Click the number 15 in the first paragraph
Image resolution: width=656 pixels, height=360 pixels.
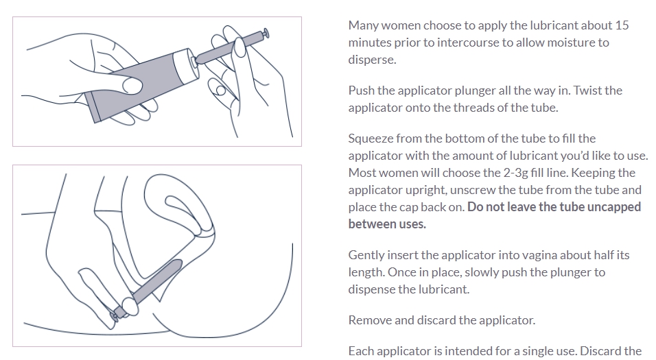tap(622, 25)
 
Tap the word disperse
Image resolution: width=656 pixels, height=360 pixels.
tap(372, 60)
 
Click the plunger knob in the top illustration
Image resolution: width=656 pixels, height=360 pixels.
tap(266, 34)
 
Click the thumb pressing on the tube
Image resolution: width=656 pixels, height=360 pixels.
tap(132, 86)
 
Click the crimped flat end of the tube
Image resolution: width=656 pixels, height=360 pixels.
tap(92, 108)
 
